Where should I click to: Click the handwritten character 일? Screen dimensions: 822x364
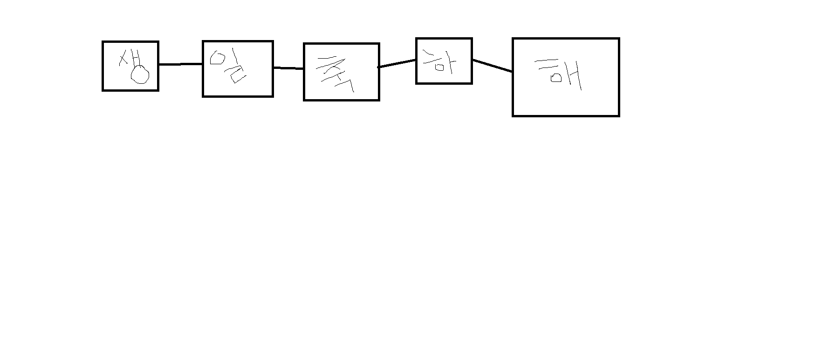coord(229,66)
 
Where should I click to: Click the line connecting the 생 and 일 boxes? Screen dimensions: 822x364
coord(180,64)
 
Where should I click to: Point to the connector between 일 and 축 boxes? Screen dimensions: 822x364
coord(288,68)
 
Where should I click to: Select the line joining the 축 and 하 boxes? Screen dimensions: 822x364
coord(397,63)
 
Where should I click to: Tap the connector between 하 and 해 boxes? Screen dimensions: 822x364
coord(492,66)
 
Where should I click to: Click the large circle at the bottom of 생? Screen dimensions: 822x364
coord(140,75)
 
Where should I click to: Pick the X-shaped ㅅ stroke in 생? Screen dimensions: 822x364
coord(124,59)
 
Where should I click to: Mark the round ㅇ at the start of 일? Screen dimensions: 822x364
coord(217,58)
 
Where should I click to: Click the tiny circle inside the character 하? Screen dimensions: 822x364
coord(439,67)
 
